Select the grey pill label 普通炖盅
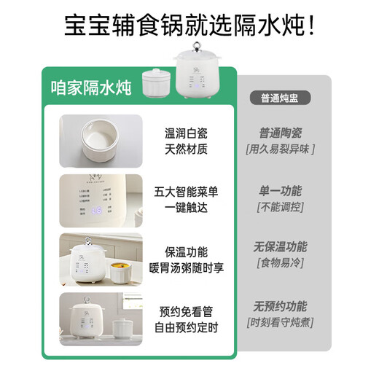pos(282,96)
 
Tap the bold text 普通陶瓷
pos(281,133)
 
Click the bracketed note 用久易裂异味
pos(282,149)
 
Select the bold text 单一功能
pos(281,191)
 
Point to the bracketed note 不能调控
pos(281,207)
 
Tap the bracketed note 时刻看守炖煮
pos(281,322)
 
